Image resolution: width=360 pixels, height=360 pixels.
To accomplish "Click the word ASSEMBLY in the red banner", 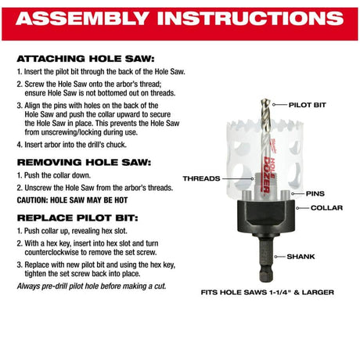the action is (x=82, y=19).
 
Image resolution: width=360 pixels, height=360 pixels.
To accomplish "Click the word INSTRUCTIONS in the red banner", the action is (x=250, y=19).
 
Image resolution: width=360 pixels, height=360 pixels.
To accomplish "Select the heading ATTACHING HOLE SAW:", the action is (x=85, y=59).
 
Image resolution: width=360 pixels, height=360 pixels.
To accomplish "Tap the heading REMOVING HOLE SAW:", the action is (x=84, y=162).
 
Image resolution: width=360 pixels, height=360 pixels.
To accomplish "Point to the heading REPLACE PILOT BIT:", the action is (x=77, y=218).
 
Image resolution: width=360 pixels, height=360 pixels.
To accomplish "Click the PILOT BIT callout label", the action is (x=308, y=105).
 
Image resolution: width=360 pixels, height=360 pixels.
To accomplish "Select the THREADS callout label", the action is (x=201, y=178).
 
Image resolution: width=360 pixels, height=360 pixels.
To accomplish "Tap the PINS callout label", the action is (x=315, y=193).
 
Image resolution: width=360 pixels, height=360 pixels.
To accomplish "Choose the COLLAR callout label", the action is (x=326, y=208).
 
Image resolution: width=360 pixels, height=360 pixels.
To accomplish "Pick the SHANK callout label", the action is (x=301, y=257).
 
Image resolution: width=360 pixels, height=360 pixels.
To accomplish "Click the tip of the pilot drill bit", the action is (x=265, y=99).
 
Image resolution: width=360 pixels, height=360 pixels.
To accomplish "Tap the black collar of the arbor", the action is (x=266, y=217).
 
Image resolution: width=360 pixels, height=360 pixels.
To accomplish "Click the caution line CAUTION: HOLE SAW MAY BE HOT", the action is (x=72, y=200).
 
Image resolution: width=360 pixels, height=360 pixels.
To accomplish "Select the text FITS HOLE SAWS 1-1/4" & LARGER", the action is (x=268, y=293).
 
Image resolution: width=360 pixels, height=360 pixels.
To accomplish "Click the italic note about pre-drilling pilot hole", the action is (x=92, y=286).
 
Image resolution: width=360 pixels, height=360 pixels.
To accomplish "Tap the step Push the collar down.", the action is (x=54, y=175).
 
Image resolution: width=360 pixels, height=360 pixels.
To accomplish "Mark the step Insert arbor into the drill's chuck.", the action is (x=72, y=145).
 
